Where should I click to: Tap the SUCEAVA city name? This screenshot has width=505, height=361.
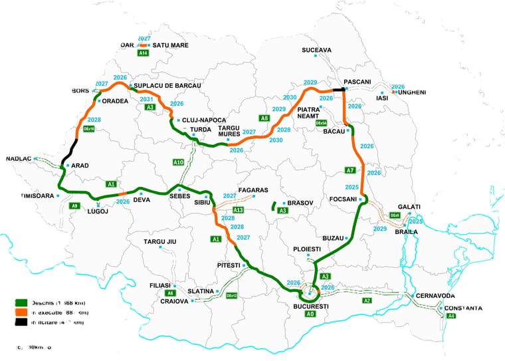point(316,50)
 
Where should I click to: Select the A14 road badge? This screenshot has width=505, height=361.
point(143,53)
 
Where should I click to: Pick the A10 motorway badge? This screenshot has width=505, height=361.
point(178,162)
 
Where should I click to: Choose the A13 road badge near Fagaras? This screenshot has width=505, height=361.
point(239,210)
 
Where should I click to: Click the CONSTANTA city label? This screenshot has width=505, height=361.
point(464,308)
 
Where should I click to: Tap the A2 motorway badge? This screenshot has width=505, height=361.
point(367,301)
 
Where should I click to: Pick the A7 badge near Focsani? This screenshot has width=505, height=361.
point(351,170)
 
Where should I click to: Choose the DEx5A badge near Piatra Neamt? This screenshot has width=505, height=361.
point(321,124)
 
